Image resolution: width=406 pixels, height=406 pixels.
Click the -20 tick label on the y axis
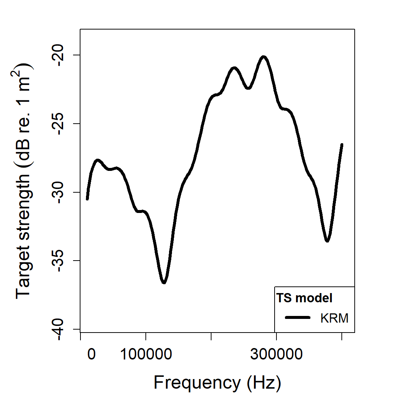pyautogui.click(x=59, y=55)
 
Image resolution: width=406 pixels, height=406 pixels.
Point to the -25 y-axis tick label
pyautogui.click(x=59, y=124)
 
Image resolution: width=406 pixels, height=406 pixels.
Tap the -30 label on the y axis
pyautogui.click(x=59, y=192)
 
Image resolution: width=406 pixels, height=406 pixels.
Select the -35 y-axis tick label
pyautogui.click(x=59, y=261)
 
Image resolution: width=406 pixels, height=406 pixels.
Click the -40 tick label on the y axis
pyautogui.click(x=59, y=329)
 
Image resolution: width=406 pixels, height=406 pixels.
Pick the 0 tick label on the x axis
pyautogui.click(x=91, y=354)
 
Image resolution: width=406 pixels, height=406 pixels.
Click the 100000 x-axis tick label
pyautogui.click(x=146, y=354)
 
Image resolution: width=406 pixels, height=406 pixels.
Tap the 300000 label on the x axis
pyautogui.click(x=276, y=354)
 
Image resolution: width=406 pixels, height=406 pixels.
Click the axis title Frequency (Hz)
pyautogui.click(x=217, y=383)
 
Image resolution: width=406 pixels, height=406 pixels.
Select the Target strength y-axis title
pyautogui.click(x=24, y=181)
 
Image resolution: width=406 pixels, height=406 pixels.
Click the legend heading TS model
pyautogui.click(x=304, y=298)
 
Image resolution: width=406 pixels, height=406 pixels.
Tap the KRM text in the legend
pyautogui.click(x=334, y=318)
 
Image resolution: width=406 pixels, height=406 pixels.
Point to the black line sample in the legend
pyautogui.click(x=297, y=317)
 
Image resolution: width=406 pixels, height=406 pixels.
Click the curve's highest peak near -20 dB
pyautogui.click(x=264, y=57)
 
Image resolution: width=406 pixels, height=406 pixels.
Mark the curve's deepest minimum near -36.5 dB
pyautogui.click(x=164, y=283)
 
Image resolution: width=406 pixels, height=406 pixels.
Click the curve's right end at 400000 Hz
pyautogui.click(x=342, y=145)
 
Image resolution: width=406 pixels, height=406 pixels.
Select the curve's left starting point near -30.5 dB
pyautogui.click(x=87, y=199)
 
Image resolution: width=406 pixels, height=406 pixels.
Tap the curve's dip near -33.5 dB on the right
pyautogui.click(x=327, y=241)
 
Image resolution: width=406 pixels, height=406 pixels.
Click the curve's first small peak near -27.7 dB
pyautogui.click(x=98, y=160)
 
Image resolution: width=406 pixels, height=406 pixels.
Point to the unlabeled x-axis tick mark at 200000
pyautogui.click(x=211, y=336)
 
